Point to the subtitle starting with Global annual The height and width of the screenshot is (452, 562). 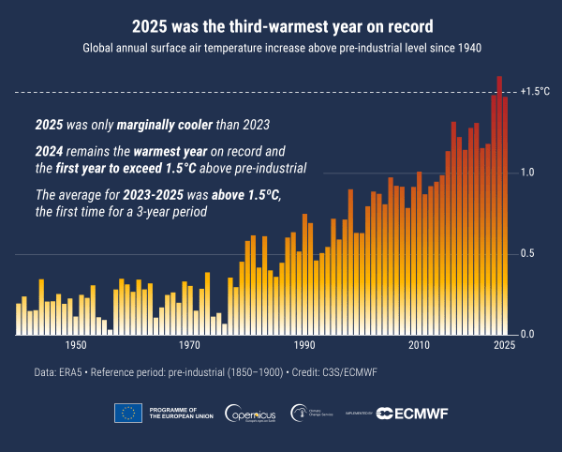pos(281,47)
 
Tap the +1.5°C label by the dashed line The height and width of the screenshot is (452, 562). pos(534,92)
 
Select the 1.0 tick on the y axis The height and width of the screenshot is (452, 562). pos(527,173)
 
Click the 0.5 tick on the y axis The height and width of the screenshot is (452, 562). pos(527,254)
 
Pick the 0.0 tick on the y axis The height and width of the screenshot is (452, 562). pos(527,335)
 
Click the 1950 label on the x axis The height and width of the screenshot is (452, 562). pos(76,346)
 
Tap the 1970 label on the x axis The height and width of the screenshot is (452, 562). pos(190,346)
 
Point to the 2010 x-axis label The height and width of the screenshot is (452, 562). pos(419,346)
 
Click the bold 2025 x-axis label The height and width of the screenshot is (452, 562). pos(504,346)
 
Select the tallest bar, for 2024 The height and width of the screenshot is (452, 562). pos(499,206)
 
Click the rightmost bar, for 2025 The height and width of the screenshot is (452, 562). pos(506,216)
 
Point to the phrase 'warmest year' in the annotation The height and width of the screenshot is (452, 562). pos(169,151)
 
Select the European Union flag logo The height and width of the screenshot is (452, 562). pos(127,413)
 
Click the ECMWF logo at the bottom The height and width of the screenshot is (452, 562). pos(412,413)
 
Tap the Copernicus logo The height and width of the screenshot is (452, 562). pos(248,413)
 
